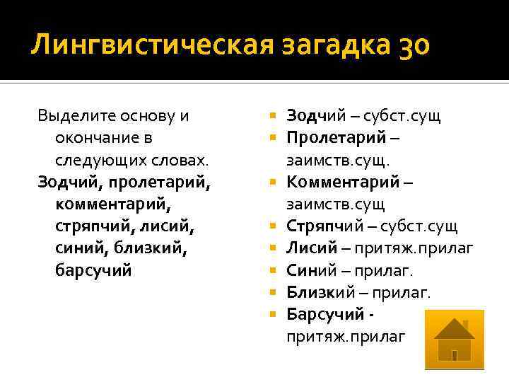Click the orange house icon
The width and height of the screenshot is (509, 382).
tap(453, 340)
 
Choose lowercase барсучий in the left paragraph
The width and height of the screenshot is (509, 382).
tap(93, 271)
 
